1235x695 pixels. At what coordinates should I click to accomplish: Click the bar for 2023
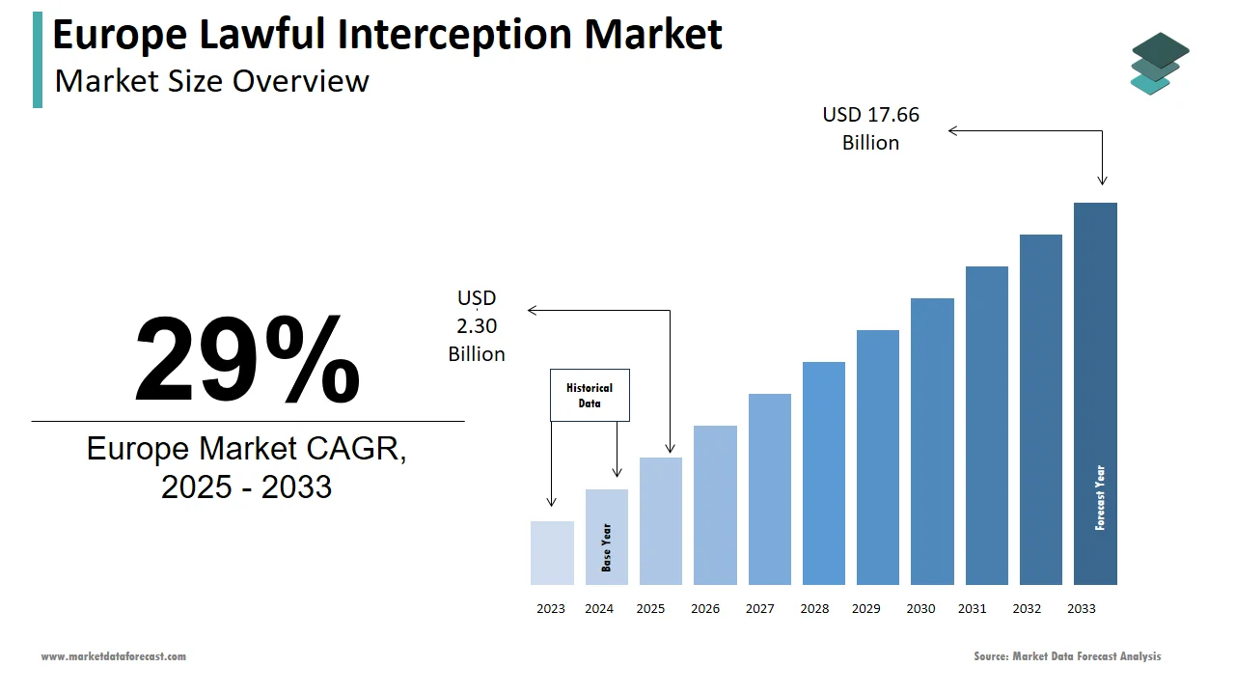[552, 553]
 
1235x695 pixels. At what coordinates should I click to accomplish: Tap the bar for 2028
[823, 473]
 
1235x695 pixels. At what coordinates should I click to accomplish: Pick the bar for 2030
[932, 441]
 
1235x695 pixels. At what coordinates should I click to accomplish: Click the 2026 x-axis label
[705, 609]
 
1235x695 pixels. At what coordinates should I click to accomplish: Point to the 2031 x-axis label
[972, 609]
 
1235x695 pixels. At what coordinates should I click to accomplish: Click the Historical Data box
[590, 395]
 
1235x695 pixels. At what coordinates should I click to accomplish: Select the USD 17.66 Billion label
[870, 128]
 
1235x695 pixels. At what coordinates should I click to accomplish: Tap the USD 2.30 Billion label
[477, 326]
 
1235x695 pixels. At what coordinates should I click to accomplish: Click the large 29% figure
[247, 359]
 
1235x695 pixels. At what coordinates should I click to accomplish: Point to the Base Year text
[607, 547]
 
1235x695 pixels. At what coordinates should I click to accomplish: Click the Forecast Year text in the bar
[1100, 498]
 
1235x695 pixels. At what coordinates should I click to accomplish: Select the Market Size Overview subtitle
[211, 81]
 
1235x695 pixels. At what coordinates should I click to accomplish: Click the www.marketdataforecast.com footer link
[113, 656]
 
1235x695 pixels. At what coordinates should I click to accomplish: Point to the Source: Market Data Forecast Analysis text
[1067, 656]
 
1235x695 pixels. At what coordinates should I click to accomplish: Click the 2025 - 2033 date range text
[246, 487]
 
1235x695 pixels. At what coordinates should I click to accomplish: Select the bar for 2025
[661, 521]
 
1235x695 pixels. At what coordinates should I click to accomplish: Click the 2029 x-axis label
[865, 609]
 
